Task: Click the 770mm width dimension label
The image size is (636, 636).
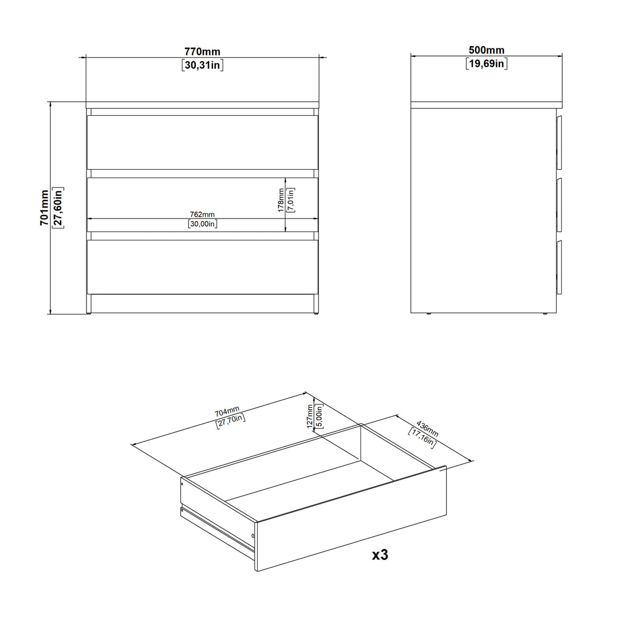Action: (x=202, y=51)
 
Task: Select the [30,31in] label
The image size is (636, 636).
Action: (x=202, y=65)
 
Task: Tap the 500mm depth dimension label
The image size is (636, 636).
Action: (x=486, y=50)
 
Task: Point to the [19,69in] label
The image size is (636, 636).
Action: (x=486, y=64)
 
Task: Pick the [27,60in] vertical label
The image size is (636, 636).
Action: (x=58, y=207)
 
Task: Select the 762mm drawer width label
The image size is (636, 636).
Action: (x=202, y=214)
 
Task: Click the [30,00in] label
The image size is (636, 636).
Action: (x=202, y=224)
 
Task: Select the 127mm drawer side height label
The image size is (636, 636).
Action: (x=310, y=416)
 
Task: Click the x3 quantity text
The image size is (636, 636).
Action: (x=379, y=555)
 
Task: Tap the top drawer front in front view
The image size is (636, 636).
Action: (x=202, y=142)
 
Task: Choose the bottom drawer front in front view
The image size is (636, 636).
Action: (x=202, y=266)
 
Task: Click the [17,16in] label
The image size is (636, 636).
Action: (x=422, y=437)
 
